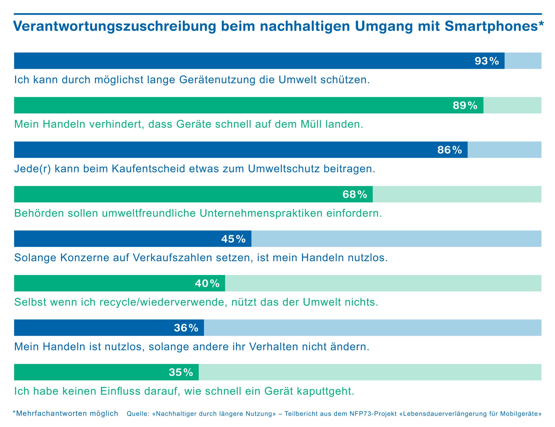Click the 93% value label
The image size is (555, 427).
(x=487, y=61)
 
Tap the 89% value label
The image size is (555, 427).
(x=465, y=105)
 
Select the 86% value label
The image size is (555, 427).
(x=450, y=150)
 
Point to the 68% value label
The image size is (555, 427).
(x=355, y=194)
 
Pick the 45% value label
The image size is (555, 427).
(x=233, y=239)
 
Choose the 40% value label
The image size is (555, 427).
(x=207, y=283)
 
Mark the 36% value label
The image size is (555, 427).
(x=186, y=328)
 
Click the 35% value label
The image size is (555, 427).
(x=181, y=372)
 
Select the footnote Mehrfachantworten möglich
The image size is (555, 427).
(x=66, y=413)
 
